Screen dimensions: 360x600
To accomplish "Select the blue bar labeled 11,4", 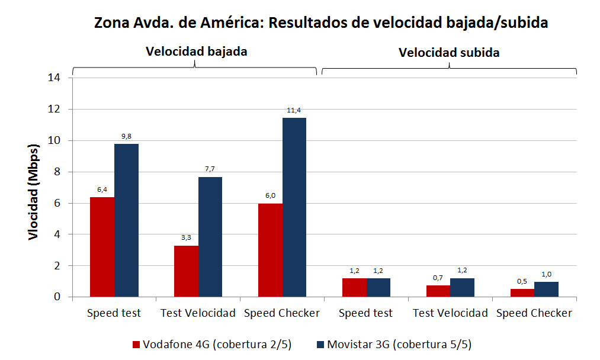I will pyautogui.click(x=294, y=207).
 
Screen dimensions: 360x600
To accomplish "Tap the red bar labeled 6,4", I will pyautogui.click(x=102, y=247).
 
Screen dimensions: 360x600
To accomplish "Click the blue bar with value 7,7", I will pyautogui.click(x=210, y=237).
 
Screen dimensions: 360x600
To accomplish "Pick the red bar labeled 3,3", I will pyautogui.click(x=186, y=271).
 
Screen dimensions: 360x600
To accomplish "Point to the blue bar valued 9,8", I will pyautogui.click(x=126, y=220).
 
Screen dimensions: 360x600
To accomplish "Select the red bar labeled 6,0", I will pyautogui.click(x=270, y=250).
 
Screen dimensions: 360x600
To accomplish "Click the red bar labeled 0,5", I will pyautogui.click(x=522, y=292).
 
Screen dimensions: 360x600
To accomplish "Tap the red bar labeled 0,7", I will pyautogui.click(x=438, y=291).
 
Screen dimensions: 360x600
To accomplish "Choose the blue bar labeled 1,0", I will pyautogui.click(x=546, y=289).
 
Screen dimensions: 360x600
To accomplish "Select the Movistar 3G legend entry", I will pyautogui.click(x=395, y=345).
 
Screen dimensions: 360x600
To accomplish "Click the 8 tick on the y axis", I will pyautogui.click(x=58, y=172).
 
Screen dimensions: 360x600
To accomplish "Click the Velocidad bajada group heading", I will pyautogui.click(x=196, y=52).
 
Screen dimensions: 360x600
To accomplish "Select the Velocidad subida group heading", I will pyautogui.click(x=449, y=53).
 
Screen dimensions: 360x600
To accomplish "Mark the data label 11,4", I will pyautogui.click(x=294, y=110).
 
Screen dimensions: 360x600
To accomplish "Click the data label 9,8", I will pyautogui.click(x=126, y=136).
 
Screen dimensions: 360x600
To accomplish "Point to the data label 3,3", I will pyautogui.click(x=186, y=237).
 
